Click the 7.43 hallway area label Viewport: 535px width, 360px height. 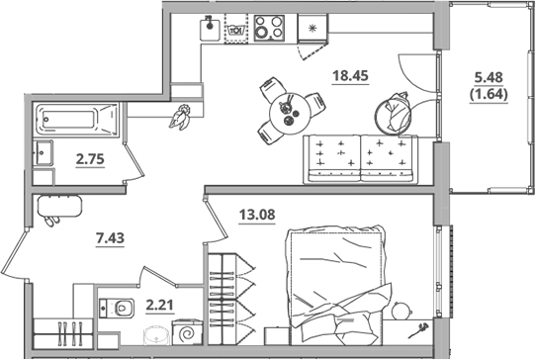tap(110, 236)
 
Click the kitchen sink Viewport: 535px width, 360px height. tap(211, 28)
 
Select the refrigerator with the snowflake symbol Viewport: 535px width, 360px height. tap(313, 29)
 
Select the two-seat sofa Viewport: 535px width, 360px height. tap(361, 156)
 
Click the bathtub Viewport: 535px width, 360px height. tap(74, 121)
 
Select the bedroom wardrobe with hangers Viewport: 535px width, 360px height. tap(231, 288)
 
